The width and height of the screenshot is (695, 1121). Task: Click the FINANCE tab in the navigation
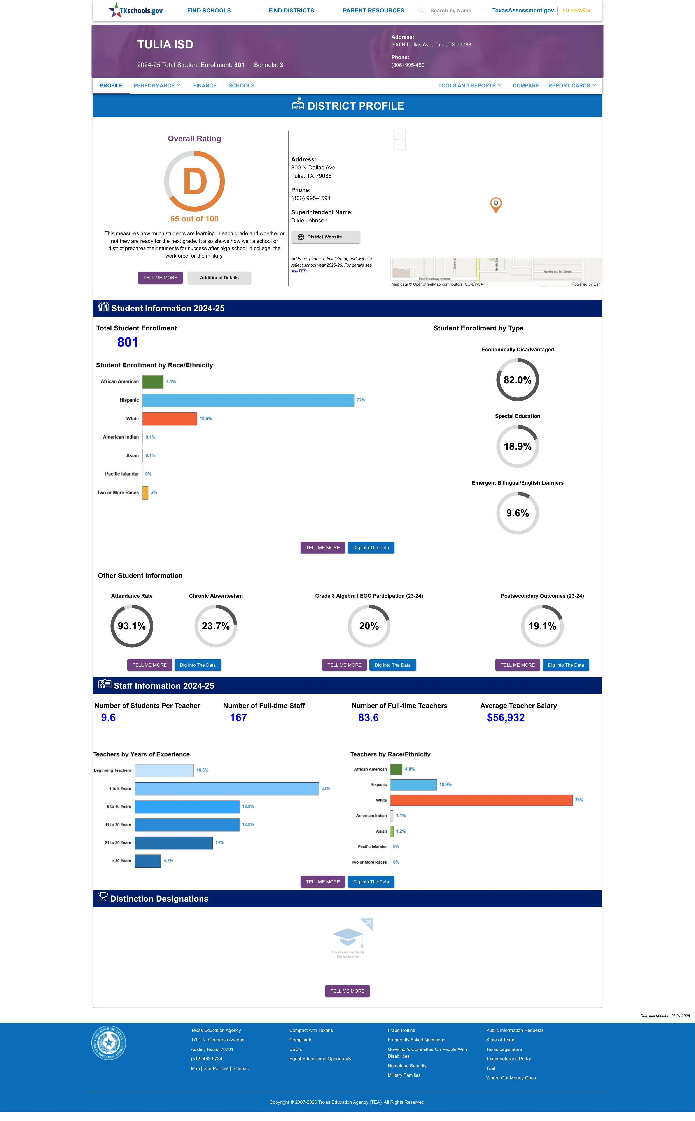pos(205,86)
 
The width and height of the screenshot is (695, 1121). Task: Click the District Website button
pos(326,237)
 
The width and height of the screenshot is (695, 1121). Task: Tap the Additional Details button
pos(219,278)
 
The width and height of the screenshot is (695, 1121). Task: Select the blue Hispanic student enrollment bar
pos(248,400)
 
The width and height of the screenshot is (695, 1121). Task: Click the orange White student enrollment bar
pos(170,418)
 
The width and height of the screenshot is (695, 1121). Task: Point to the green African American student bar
pos(153,382)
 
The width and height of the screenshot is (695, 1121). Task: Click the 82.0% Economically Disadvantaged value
pos(518,380)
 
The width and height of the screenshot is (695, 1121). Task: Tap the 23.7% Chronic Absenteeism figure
pos(215,626)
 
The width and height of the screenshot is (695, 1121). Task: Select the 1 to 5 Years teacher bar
pos(227,788)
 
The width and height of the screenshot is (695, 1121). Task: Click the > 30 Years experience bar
pos(147,861)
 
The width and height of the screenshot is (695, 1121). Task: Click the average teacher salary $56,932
pos(506,718)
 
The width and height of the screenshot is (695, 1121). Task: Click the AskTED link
pos(299,271)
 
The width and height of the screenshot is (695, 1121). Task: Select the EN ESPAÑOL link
pos(577,11)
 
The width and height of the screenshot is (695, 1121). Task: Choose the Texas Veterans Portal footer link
pos(508,1059)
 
